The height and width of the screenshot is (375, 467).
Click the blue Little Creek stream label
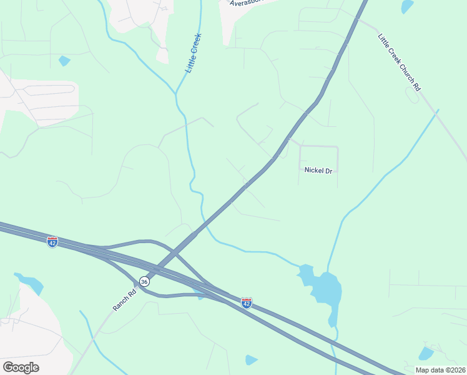194,53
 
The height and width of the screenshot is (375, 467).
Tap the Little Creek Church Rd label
398,62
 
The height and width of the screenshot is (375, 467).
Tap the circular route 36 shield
144,282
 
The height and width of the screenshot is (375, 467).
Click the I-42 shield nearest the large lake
247,303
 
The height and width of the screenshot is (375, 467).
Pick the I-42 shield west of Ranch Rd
52,241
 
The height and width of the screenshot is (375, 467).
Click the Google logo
21,367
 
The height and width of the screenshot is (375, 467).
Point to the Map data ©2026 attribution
440,370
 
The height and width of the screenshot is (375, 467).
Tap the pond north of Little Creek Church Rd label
407,7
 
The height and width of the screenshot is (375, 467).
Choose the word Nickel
312,170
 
